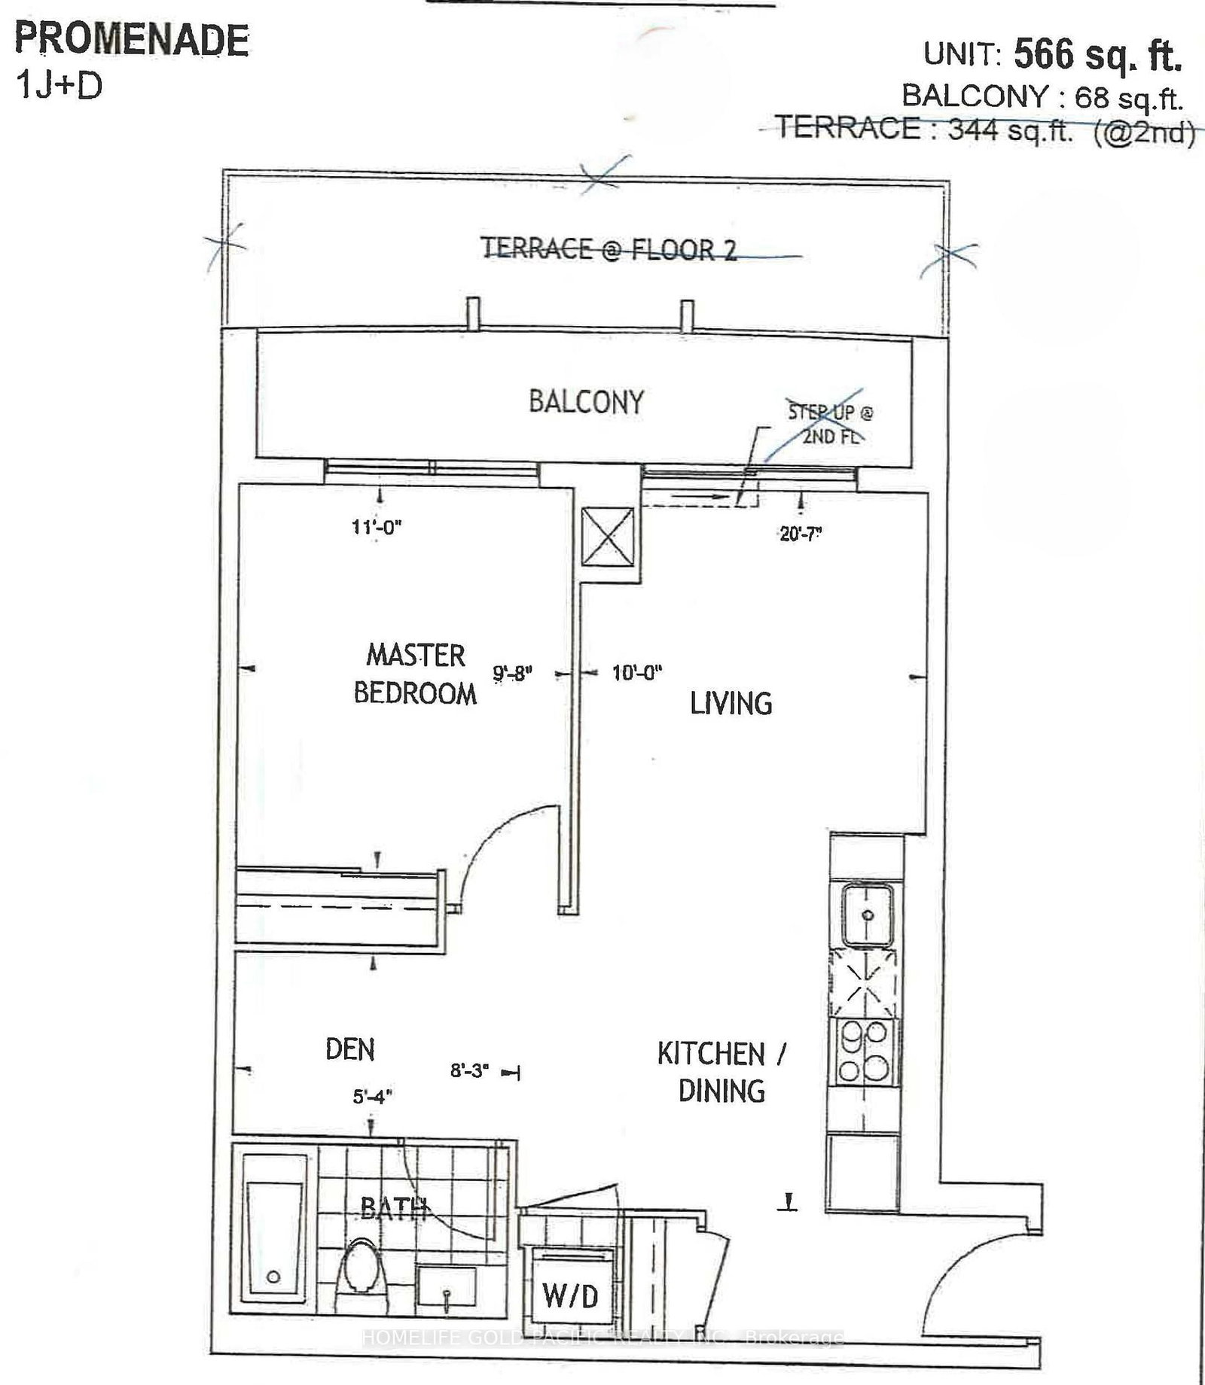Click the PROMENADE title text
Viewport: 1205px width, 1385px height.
132,41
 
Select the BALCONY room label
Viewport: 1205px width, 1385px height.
586,402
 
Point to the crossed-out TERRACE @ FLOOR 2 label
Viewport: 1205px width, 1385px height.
609,249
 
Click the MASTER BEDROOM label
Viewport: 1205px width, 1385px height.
415,674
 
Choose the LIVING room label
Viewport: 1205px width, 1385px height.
731,704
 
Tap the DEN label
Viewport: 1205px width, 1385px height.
350,1049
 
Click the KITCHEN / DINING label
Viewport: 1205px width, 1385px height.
721,1072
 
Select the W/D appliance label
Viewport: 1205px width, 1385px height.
570,1295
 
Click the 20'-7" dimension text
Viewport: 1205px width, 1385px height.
800,534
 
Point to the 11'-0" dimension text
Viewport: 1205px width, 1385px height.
377,527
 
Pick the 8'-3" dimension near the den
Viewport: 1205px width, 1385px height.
470,1070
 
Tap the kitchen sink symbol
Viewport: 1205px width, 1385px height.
867,915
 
